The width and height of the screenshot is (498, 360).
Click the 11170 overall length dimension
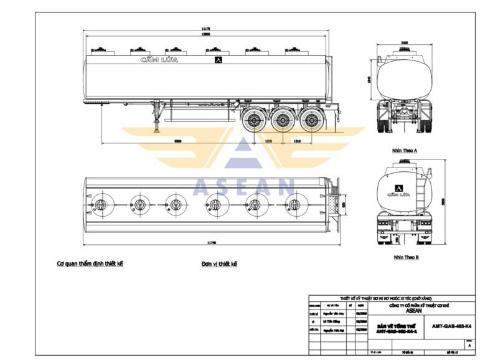[x=205, y=29]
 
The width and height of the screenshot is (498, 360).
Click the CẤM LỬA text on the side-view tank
[x=159, y=60]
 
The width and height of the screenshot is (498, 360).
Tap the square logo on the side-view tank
[x=218, y=60]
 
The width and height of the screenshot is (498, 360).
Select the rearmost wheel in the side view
[x=310, y=120]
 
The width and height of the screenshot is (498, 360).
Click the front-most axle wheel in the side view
[x=254, y=120]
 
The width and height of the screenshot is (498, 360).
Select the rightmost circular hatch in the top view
[x=293, y=204]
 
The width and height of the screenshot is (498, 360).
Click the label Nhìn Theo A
[x=405, y=151]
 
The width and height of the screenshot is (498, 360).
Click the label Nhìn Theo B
[x=405, y=257]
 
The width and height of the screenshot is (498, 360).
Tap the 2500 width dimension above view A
[x=405, y=43]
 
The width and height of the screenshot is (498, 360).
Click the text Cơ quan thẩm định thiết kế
[x=90, y=263]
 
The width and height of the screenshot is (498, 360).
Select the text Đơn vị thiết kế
[x=219, y=263]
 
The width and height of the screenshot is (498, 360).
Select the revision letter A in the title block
[x=469, y=344]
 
